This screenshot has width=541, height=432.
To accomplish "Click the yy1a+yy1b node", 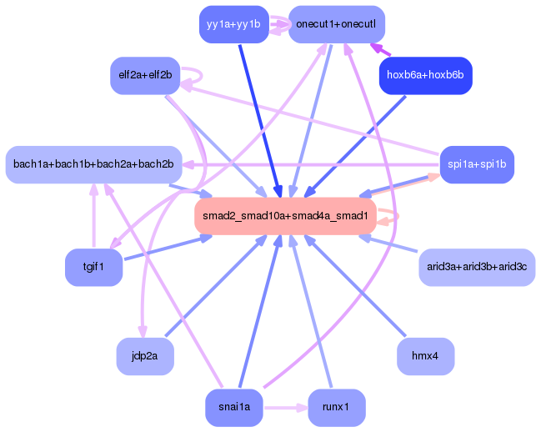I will point(233,24).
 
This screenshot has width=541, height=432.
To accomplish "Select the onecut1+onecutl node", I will point(337,24).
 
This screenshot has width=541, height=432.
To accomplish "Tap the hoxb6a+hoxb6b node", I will point(426,76).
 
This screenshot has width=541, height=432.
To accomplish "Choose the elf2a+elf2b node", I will point(145,75).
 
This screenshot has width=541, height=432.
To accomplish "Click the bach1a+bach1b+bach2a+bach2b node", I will point(93,164).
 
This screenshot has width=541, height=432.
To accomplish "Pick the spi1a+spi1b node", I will point(476,164).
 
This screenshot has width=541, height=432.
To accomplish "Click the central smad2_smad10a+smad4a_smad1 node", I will point(285,216).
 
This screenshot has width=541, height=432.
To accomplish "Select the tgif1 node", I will point(93,268).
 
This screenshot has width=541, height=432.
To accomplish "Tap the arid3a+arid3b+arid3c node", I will point(476,268).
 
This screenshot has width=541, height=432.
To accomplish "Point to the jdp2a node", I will point(145,356).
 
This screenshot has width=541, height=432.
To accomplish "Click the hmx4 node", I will point(426,356).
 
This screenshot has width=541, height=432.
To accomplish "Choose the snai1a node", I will point(234,408).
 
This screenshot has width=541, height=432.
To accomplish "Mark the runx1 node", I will point(337,408).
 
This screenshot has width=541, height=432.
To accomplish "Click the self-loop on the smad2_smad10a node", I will point(393,216).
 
